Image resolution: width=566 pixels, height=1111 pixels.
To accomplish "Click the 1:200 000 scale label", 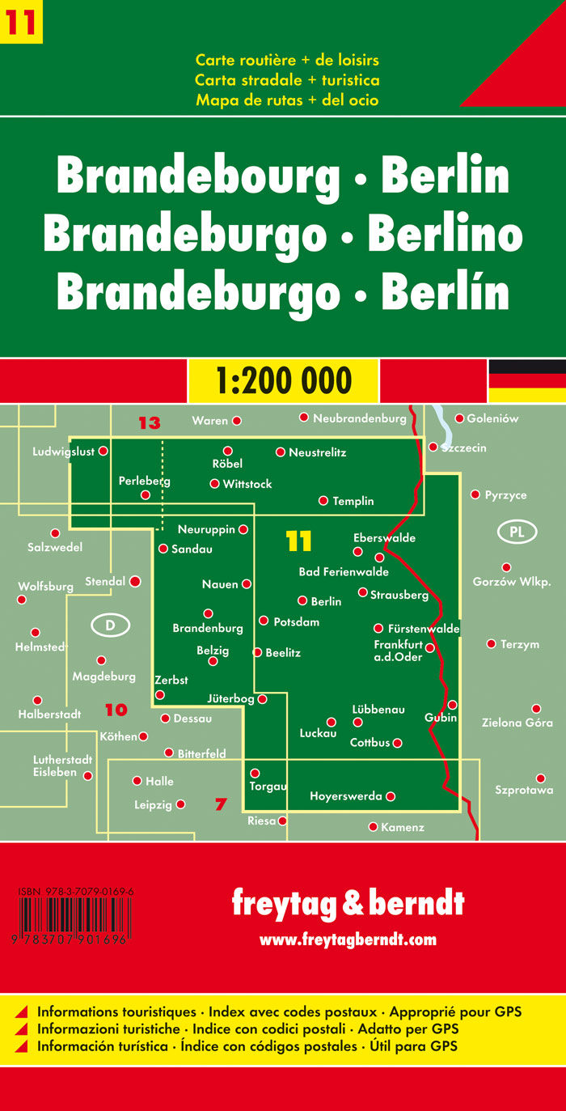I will click(283, 380).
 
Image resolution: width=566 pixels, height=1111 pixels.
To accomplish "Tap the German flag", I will click(526, 380).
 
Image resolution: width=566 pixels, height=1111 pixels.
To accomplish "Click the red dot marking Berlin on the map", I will click(302, 600).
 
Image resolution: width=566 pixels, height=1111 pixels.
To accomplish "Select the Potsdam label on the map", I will click(297, 622).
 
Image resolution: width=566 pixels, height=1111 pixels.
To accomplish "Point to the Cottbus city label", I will click(370, 742).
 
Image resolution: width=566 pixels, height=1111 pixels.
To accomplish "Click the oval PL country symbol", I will click(517, 532).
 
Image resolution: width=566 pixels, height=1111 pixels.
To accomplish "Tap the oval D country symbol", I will click(111, 625).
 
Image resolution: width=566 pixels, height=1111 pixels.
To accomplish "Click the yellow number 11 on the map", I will click(298, 541).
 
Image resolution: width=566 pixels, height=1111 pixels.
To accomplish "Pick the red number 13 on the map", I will click(150, 422).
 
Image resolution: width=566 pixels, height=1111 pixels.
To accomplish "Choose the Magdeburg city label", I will click(103, 676).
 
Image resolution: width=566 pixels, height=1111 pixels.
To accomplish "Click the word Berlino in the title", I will click(445, 235).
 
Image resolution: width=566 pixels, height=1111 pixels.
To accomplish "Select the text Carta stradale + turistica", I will click(287, 80).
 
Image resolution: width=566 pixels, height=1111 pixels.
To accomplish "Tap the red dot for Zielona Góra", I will click(535, 708).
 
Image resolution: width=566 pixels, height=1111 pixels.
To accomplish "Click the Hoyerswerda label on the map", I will click(346, 796).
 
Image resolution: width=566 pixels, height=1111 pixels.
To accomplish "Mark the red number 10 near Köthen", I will click(116, 710).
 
